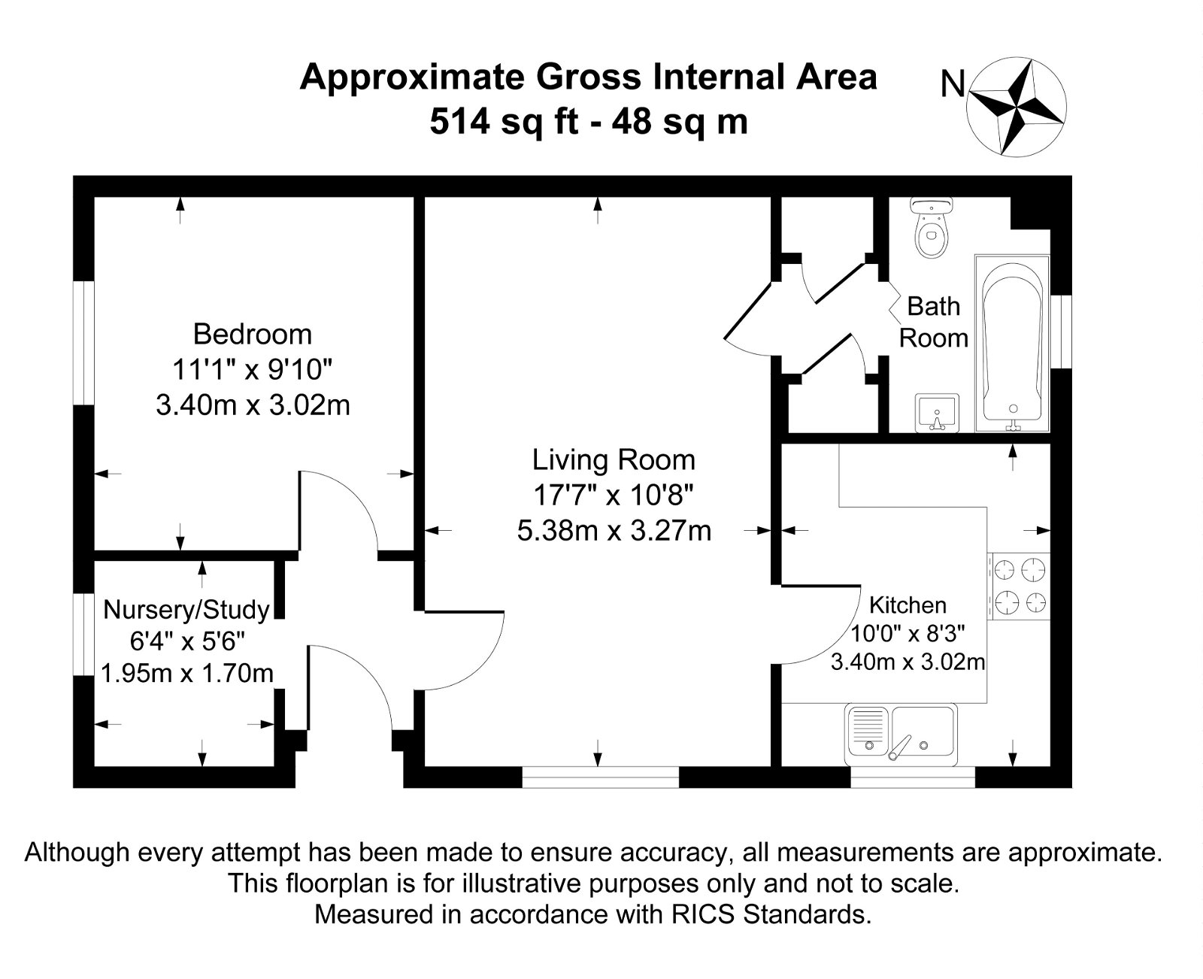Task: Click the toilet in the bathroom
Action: tap(932, 229)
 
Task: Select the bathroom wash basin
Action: tap(936, 412)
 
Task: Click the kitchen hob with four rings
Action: tap(1020, 586)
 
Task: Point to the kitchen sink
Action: tap(901, 734)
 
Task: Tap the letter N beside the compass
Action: tap(953, 84)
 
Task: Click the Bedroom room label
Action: tap(252, 334)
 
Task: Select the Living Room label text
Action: tap(614, 460)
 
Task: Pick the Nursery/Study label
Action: tap(186, 609)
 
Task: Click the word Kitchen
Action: tap(907, 605)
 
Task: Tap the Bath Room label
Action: tap(934, 322)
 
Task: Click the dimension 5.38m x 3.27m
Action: tap(614, 531)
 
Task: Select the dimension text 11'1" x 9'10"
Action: tap(252, 370)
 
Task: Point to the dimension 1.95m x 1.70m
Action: tap(187, 673)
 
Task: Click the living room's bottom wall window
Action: tap(600, 777)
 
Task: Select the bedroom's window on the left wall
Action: tap(84, 343)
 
